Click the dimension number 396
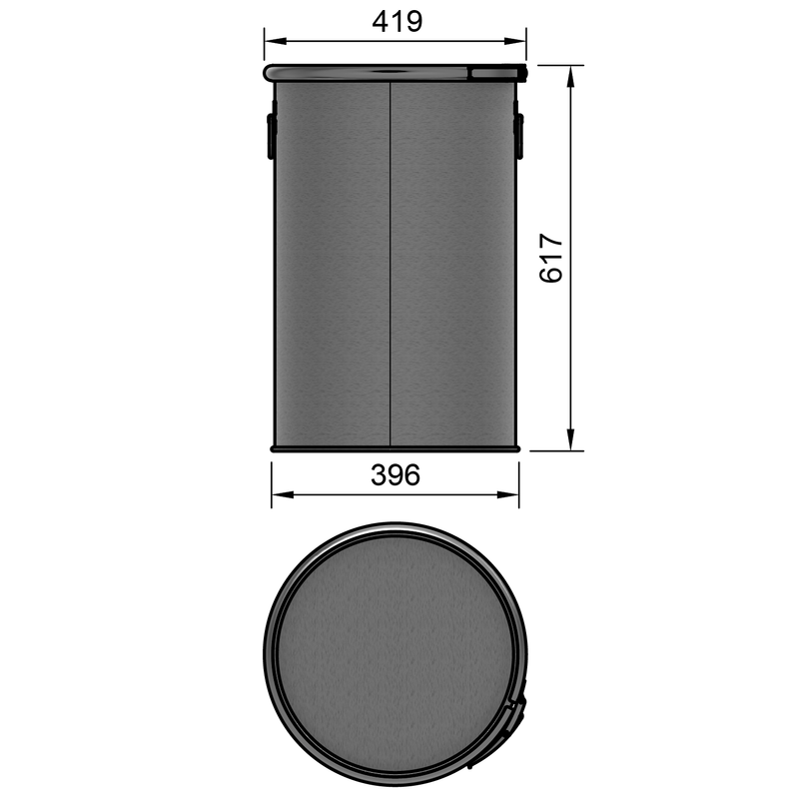(x=395, y=475)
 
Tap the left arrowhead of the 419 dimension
(x=271, y=41)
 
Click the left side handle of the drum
(x=270, y=136)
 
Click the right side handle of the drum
(x=519, y=136)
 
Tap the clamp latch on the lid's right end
(x=497, y=72)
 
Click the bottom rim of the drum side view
(x=395, y=449)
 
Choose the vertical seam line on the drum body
(x=390, y=260)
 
